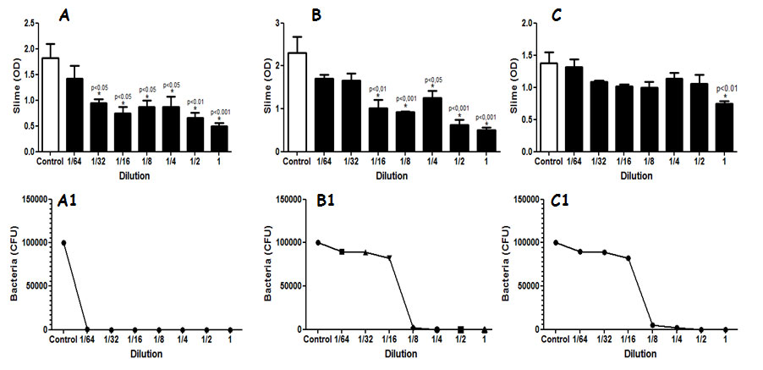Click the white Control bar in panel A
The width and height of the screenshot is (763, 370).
coord(51,105)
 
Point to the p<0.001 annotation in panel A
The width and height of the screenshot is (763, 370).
coord(219,113)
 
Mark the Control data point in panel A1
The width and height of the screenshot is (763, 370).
coord(63,243)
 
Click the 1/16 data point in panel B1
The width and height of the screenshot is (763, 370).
coord(390,257)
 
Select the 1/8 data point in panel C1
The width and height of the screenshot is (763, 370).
coord(652,325)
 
